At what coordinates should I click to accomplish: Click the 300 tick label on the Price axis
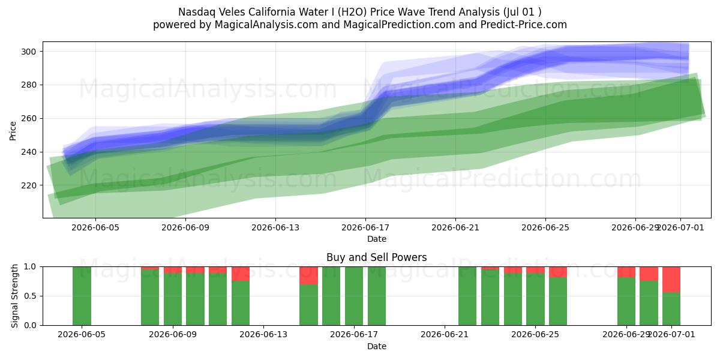pyautogui.click(x=29, y=52)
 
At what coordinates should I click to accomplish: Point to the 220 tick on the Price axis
pyautogui.click(x=29, y=185)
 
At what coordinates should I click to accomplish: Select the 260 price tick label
pyautogui.click(x=29, y=119)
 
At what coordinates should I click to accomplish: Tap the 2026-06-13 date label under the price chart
pyautogui.click(x=275, y=228)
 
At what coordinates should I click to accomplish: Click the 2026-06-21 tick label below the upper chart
pyautogui.click(x=455, y=228)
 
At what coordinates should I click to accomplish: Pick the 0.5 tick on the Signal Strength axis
pyautogui.click(x=30, y=296)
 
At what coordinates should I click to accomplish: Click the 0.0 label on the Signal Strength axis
pyautogui.click(x=30, y=326)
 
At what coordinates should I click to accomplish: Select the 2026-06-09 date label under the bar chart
pyautogui.click(x=173, y=335)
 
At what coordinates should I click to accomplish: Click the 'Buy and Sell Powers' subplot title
pyautogui.click(x=377, y=257)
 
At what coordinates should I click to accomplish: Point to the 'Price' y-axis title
pyautogui.click(x=13, y=131)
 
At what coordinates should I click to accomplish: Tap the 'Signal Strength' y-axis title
pyautogui.click(x=14, y=296)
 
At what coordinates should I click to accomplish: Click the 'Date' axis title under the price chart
pyautogui.click(x=377, y=239)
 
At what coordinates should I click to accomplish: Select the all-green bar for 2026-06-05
pyautogui.click(x=82, y=296)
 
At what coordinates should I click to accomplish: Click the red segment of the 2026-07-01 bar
pyautogui.click(x=671, y=280)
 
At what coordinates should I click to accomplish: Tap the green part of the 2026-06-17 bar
pyautogui.click(x=354, y=296)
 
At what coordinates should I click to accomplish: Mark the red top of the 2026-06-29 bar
pyautogui.click(x=626, y=272)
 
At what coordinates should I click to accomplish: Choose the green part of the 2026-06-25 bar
pyautogui.click(x=535, y=299)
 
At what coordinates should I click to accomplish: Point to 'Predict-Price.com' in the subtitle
pyautogui.click(x=524, y=25)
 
